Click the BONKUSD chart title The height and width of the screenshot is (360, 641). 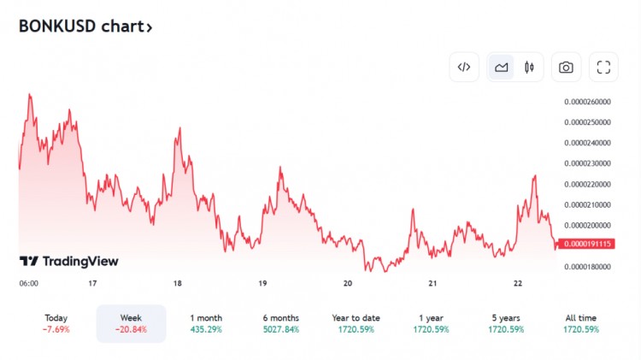[x=85, y=27]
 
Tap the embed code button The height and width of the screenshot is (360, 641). [x=464, y=67]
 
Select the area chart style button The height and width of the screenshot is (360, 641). [x=502, y=67]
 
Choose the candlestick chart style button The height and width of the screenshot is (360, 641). [x=529, y=67]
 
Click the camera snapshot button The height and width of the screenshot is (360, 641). [x=566, y=67]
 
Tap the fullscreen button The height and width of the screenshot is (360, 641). [x=603, y=67]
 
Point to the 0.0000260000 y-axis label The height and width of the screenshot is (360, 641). [x=587, y=101]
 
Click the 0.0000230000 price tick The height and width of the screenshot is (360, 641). [x=587, y=163]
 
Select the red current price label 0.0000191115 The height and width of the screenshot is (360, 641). [x=587, y=244]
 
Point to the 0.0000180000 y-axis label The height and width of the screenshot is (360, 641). [x=587, y=267]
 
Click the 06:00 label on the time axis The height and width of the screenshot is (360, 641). [x=28, y=283]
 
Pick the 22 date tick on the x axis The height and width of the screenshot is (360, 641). [x=518, y=283]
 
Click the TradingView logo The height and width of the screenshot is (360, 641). [x=69, y=261]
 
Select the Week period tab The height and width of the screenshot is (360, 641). [x=131, y=323]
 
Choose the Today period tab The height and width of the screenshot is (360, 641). [x=56, y=323]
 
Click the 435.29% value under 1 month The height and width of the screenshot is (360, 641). [x=206, y=329]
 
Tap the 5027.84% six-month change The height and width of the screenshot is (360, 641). [x=281, y=329]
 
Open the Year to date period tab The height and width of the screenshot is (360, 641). [x=356, y=323]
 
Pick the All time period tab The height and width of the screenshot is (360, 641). [x=581, y=323]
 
